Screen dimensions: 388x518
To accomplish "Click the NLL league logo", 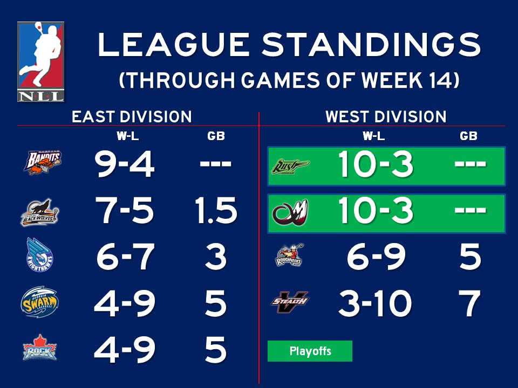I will click(40, 61).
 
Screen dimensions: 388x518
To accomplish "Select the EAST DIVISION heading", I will click(132, 117).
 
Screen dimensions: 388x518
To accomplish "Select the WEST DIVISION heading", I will click(386, 117).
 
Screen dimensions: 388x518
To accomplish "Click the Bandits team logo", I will click(42, 162).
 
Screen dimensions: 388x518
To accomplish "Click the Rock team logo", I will click(39, 349).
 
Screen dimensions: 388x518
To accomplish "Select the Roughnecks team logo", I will click(289, 256).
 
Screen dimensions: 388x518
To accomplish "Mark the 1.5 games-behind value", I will click(215, 211).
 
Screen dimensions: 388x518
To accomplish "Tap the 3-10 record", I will click(375, 304).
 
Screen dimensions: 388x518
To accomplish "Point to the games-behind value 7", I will click(469, 304).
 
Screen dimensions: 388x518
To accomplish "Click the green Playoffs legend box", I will click(310, 351).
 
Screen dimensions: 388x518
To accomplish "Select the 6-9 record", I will click(376, 258).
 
